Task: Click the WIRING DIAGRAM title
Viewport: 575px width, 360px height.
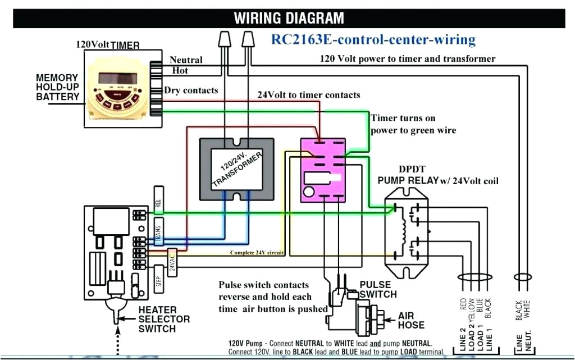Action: [x=289, y=17]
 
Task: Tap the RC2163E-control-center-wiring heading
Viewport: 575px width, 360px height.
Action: [x=373, y=40]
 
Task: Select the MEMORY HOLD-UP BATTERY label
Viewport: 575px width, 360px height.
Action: [x=58, y=87]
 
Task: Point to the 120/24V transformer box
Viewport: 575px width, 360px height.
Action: [x=236, y=168]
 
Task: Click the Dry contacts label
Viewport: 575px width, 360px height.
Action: [x=191, y=90]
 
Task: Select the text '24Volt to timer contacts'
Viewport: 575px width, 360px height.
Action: [x=308, y=94]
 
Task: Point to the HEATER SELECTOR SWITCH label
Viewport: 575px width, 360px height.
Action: [x=164, y=319]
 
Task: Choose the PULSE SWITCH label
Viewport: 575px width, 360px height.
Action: [x=378, y=289]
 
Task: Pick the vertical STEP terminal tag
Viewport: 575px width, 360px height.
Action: [x=158, y=281]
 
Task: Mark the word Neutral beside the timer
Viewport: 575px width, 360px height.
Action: [x=186, y=60]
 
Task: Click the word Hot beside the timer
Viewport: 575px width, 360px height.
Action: [x=180, y=70]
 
